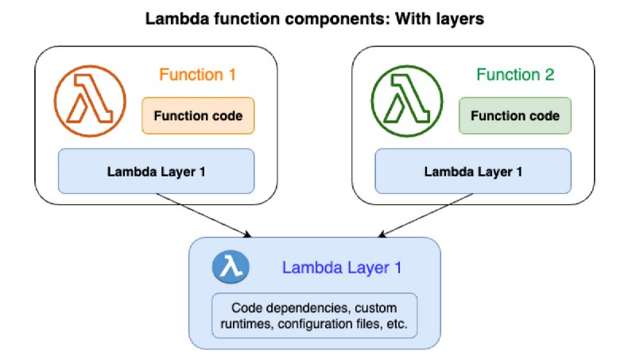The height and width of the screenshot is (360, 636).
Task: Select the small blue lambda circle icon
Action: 231,267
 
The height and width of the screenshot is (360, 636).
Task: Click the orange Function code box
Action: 198,115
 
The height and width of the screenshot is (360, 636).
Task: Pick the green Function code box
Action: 515,115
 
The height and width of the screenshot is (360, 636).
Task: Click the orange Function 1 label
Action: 197,75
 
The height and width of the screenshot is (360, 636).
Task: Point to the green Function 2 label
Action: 515,75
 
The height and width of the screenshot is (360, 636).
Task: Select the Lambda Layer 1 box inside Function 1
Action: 156,171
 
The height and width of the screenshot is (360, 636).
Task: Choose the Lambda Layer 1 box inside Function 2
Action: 473,171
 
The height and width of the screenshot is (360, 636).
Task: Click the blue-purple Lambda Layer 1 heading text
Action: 342,268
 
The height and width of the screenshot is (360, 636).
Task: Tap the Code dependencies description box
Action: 314,315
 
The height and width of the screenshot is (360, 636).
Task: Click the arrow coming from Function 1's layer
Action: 204,215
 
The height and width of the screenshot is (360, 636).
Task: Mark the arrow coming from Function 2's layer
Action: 425,215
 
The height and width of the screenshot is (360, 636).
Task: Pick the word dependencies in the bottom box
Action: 308,308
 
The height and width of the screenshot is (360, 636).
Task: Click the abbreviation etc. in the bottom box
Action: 396,324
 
